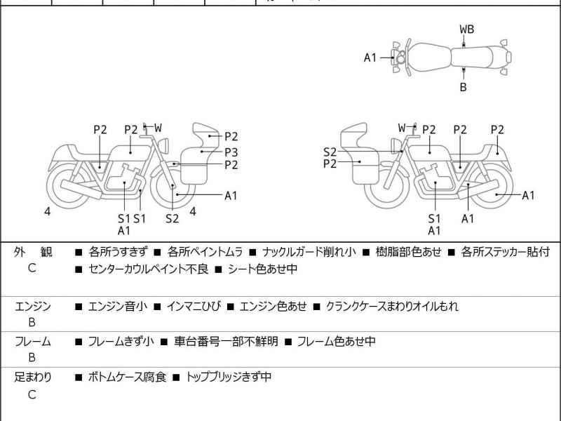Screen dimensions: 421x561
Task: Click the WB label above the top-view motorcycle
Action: (466, 29)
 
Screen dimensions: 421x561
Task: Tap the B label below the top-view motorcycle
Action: (463, 88)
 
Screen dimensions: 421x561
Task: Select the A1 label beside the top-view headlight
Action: (370, 58)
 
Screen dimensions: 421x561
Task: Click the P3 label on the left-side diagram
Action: (231, 151)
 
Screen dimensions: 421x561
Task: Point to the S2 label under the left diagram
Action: (173, 218)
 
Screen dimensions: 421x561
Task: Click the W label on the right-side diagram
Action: (402, 128)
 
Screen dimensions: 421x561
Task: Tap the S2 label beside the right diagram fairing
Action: (330, 152)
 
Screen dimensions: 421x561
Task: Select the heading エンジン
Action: (33, 307)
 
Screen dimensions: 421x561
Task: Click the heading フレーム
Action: (33, 342)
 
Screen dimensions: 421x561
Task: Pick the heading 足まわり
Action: (33, 377)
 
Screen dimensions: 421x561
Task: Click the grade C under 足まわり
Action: (32, 394)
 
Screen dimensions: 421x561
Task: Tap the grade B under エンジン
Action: (32, 323)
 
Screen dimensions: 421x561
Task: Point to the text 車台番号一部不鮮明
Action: (226, 342)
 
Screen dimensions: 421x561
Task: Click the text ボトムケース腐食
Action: (127, 377)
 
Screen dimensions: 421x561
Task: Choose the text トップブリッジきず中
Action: (229, 377)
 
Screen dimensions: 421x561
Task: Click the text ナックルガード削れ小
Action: (309, 252)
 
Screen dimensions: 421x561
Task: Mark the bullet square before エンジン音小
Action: (79, 307)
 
